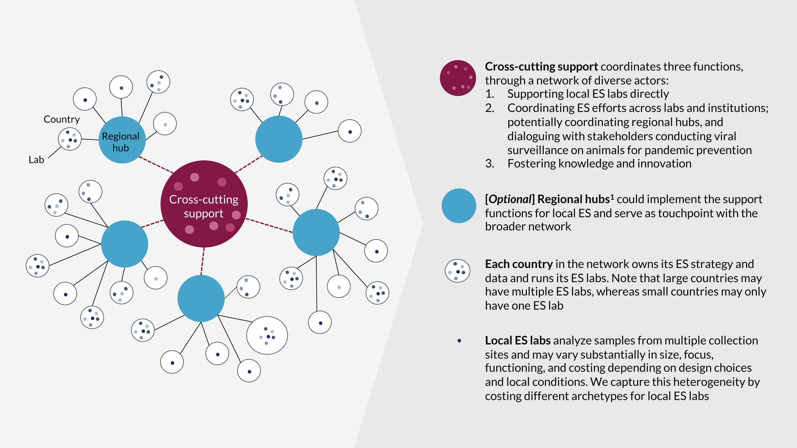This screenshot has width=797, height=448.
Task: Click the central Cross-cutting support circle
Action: pyautogui.click(x=204, y=204)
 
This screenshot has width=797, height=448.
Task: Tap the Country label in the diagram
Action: pyautogui.click(x=61, y=119)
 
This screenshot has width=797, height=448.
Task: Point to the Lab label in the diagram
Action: pyautogui.click(x=36, y=160)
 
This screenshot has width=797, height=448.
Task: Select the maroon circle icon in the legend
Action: pyautogui.click(x=458, y=78)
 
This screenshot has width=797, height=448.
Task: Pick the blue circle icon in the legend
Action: pyautogui.click(x=459, y=205)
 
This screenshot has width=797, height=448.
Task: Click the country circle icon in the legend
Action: pyautogui.click(x=457, y=270)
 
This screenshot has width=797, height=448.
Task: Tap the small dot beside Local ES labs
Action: pyautogui.click(x=459, y=341)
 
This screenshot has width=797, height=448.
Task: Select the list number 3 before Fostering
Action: pyautogui.click(x=489, y=163)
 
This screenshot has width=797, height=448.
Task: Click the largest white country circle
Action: pyautogui.click(x=267, y=335)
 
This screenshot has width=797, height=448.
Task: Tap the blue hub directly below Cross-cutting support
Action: pyautogui.click(x=201, y=298)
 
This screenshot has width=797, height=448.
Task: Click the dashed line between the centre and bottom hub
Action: pyautogui.click(x=203, y=261)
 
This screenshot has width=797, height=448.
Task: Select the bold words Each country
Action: pyautogui.click(x=519, y=264)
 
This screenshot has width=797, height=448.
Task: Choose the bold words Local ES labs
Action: pyautogui.click(x=517, y=341)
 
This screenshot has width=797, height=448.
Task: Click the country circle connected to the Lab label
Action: pyautogui.click(x=70, y=139)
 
